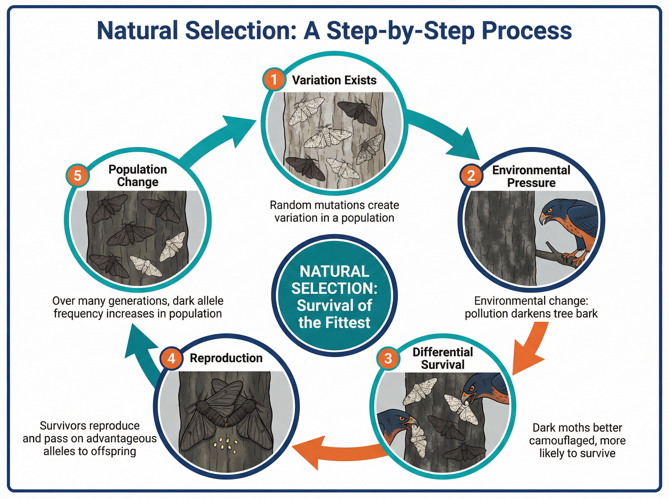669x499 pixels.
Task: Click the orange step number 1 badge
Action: point(274,79)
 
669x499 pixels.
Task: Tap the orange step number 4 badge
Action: point(171,358)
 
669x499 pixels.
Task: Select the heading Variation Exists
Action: point(334,80)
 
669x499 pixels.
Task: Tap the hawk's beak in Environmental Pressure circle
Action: point(544,218)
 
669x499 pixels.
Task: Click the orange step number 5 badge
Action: point(77,175)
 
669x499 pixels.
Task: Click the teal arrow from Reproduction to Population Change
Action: point(142,356)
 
